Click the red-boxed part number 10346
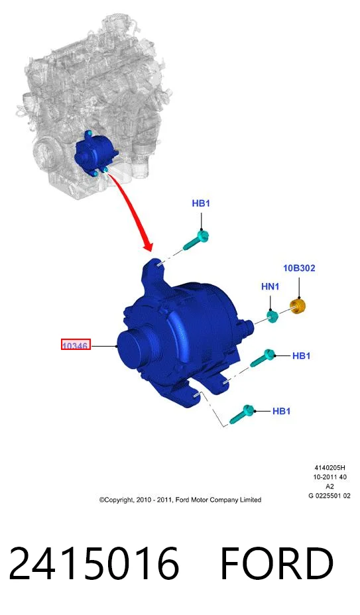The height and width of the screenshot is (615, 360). click(76, 345)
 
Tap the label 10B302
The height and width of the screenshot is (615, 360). click(299, 268)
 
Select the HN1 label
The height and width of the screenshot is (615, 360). click(270, 287)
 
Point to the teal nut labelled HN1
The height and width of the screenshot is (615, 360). click(273, 315)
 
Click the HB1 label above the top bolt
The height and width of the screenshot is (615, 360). click(201, 203)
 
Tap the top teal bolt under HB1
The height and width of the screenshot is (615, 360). click(196, 240)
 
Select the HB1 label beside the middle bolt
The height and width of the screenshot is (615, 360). click(302, 356)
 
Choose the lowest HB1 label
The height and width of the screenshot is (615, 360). click(282, 411)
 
